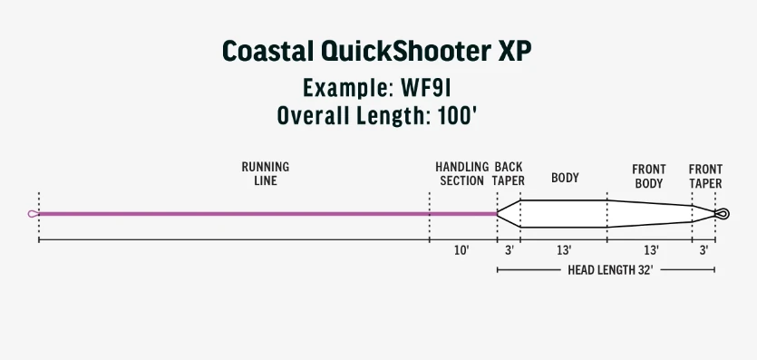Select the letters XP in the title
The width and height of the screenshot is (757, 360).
coord(513,52)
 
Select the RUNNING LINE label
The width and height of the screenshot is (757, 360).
coord(265,174)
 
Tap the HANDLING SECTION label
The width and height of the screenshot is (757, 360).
coord(461,174)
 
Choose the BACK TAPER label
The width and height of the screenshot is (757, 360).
coord(508,174)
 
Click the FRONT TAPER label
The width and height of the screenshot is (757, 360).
coord(705,176)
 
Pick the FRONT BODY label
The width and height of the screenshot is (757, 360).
coord(649,176)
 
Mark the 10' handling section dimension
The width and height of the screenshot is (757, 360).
coord(461,250)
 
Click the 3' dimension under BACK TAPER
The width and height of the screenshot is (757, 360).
coord(510,250)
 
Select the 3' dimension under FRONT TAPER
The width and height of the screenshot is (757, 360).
coord(704,250)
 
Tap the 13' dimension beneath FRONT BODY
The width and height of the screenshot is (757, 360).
coord(650,250)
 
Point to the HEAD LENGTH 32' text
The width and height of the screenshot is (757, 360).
coord(605,270)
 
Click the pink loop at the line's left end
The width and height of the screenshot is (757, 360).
coord(34,214)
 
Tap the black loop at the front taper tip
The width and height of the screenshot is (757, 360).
coord(722,214)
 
